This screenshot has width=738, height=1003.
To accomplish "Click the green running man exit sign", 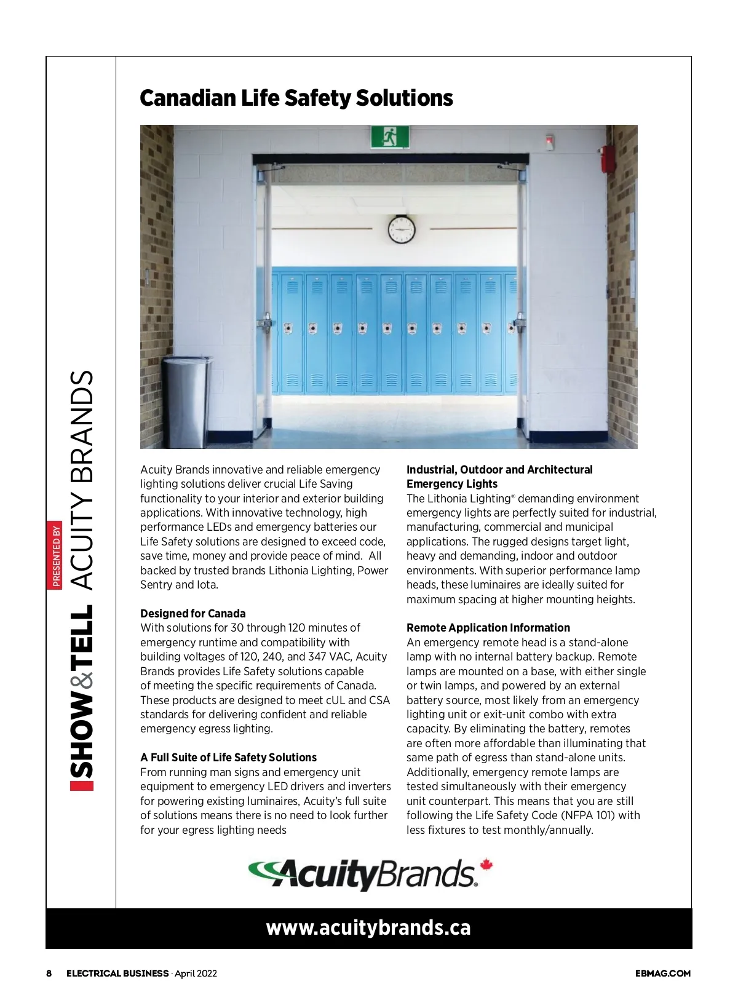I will (390, 137).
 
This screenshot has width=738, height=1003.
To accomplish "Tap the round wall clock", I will (402, 229).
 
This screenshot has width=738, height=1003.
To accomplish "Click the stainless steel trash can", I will (186, 402).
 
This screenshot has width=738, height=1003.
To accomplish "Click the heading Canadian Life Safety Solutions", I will (296, 98).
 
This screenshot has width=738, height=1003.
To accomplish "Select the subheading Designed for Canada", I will (192, 613).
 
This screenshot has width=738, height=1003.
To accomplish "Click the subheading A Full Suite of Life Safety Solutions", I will (228, 757).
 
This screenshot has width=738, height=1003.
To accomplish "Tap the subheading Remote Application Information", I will (488, 627).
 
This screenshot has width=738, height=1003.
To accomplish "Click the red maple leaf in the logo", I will (486, 865).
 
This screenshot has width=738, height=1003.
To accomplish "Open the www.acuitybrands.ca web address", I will (368, 927).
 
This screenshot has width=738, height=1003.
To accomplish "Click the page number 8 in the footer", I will (49, 973).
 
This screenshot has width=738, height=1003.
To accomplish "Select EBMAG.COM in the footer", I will (662, 973).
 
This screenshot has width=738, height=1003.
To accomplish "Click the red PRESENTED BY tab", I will (55, 555).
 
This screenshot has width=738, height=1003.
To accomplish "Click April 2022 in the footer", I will (196, 973).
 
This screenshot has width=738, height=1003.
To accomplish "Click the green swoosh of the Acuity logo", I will (264, 870).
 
